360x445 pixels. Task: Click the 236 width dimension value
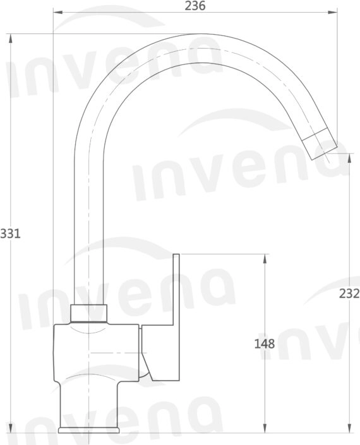tap(195, 6)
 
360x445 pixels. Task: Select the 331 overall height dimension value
tap(11, 233)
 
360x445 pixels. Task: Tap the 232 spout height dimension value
tap(349, 294)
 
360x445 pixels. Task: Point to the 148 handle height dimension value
tap(264, 344)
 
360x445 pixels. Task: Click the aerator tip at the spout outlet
tap(320, 143)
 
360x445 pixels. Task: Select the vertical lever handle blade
tap(176, 290)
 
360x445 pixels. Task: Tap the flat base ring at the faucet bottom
tap(90, 430)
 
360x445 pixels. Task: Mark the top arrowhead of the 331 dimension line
tap(11, 37)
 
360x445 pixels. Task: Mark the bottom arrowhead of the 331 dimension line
tap(11, 429)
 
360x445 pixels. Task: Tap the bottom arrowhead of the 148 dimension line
tap(264, 429)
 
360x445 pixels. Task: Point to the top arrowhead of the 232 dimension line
tap(348, 157)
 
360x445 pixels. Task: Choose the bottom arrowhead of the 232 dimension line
tap(348, 429)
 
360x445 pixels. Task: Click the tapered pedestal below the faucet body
tap(90, 404)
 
